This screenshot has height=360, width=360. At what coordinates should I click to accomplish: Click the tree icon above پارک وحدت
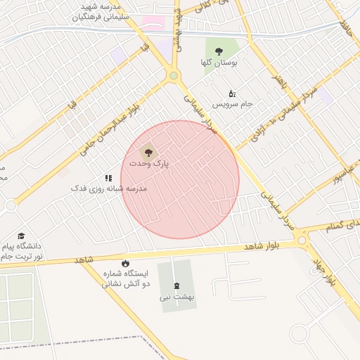click(x=148, y=151)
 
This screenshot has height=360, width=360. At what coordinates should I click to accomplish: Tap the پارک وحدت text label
click(x=150, y=163)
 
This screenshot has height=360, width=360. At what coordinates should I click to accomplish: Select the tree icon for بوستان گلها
click(x=219, y=51)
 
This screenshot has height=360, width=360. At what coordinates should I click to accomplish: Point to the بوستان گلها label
click(x=219, y=63)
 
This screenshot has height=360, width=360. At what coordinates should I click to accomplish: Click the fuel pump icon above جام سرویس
click(x=233, y=94)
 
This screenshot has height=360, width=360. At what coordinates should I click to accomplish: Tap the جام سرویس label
click(x=233, y=105)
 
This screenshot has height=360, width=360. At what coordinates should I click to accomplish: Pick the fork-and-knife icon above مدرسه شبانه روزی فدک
click(x=108, y=179)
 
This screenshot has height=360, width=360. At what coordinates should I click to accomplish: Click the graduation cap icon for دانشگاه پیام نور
click(x=22, y=236)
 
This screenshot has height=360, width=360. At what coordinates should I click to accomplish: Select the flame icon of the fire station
click(x=126, y=263)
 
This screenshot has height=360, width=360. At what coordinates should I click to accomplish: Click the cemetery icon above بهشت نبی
click(x=175, y=286)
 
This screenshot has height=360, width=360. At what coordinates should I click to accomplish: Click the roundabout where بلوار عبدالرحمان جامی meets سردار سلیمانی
click(x=174, y=76)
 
